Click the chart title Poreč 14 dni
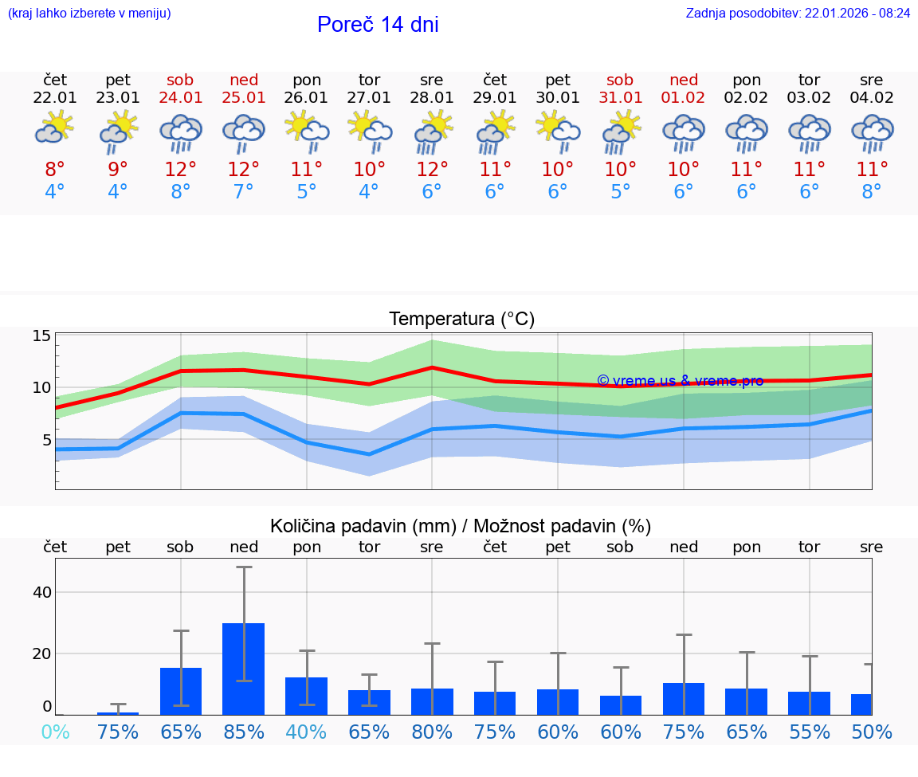point(378,25)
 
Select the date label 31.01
point(620,97)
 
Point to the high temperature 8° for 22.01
point(55,170)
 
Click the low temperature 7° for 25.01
point(244,192)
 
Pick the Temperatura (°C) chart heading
point(461,320)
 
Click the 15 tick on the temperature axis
point(41,336)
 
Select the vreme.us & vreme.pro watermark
point(680,381)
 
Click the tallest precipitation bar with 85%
point(243,669)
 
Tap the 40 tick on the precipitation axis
point(41,592)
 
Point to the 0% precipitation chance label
point(55,732)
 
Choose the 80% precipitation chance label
point(432,732)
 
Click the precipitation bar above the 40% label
point(307,696)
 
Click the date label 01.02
point(683,97)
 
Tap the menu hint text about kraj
point(89,13)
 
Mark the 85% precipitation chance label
point(244,732)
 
